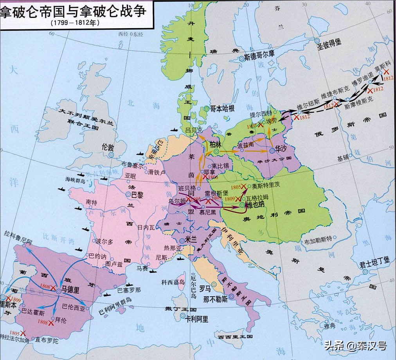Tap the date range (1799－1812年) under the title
click(75, 23)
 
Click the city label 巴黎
click(137, 194)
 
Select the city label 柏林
click(216, 143)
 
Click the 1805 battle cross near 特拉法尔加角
click(23, 333)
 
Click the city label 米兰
click(191, 240)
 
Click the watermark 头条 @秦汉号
click(355, 346)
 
